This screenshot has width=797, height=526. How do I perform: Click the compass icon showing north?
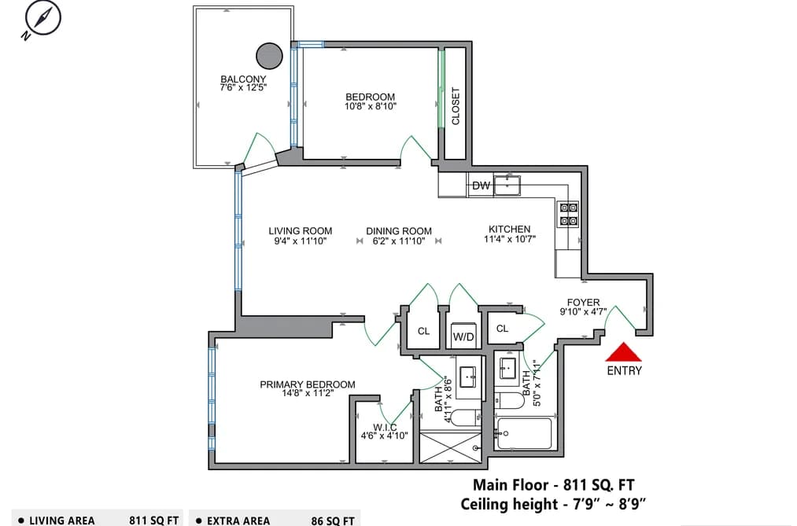pos(42,18)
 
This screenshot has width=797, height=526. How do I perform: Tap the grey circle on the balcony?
pos(269,56)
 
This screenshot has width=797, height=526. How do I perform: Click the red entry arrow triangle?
pos(624,352)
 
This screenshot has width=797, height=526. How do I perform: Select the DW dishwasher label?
pos(481,186)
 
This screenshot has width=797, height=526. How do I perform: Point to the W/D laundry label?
pos(463,337)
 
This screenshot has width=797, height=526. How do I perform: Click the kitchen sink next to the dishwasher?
pos(507,186)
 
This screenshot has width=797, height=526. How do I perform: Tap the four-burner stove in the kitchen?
pos(568,214)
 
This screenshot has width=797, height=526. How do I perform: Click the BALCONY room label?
pos(243,79)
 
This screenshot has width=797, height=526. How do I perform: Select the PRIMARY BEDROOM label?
pos(308,384)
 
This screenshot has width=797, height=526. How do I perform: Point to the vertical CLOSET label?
pos(456,106)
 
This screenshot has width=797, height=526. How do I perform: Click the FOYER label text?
pos(584,302)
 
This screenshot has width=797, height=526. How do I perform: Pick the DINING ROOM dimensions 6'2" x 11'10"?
pos(399,241)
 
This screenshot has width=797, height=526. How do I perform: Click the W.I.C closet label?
pos(385,428)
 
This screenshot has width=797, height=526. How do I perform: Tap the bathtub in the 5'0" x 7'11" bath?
pos(525,433)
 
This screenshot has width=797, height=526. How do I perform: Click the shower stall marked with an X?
pos(451,447)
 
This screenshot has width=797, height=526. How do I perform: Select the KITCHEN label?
pos(509,229)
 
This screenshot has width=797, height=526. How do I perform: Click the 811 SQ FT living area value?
pos(154,520)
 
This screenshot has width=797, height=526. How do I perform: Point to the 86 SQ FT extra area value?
pos(333,520)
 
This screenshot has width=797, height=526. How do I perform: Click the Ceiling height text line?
pos(554,504)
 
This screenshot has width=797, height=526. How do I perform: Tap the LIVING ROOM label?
pos(301,231)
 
